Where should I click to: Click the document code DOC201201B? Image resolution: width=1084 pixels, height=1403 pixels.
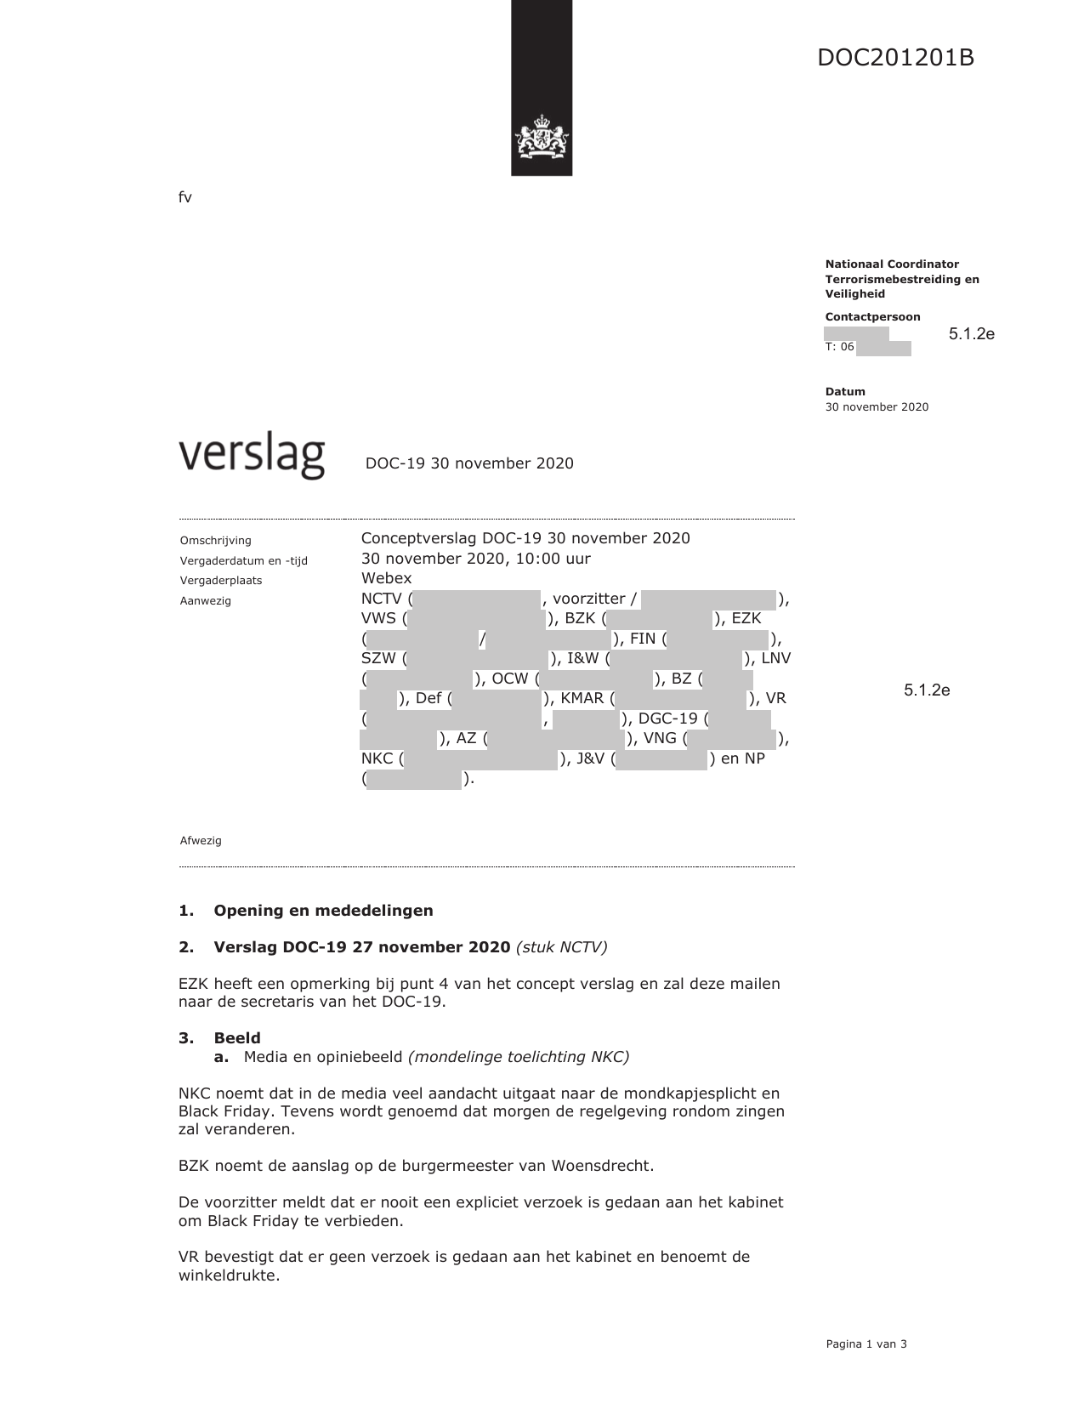895,58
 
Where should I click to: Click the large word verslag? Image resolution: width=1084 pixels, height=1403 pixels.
252,457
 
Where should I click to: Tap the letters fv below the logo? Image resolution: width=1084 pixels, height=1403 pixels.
184,197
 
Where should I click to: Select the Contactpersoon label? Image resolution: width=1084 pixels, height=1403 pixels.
872,317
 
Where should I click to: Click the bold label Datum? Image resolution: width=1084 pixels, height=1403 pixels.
845,392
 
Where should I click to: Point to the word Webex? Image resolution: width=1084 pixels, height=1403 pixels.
386,578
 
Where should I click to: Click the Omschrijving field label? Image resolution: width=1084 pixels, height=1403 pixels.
215,541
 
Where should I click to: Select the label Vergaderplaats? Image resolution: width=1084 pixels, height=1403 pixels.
220,581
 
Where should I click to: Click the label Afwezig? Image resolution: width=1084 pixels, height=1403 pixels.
201,841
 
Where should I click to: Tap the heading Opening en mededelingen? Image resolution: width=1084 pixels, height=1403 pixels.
323,911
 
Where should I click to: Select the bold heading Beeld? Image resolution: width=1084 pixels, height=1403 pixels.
237,1038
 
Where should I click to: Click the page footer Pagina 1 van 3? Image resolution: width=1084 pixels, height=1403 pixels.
865,1344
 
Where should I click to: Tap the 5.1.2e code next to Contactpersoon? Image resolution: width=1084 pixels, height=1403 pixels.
971,334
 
